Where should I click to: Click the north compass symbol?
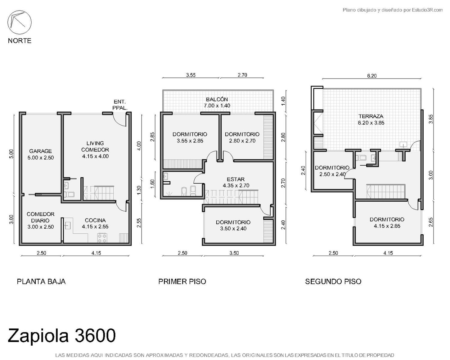19,22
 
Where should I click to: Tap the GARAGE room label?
40,151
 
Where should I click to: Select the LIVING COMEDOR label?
95,146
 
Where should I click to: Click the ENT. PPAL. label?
120,105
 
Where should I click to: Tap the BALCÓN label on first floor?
217,99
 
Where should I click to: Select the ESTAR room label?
236,179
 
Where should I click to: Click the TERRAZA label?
371,116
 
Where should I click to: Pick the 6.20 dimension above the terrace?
372,76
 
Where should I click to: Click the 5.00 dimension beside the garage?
11,154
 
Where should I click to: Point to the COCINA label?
95,220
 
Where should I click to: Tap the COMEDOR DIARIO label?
40,217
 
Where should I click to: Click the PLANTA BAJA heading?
41,282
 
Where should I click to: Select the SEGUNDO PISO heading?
333,282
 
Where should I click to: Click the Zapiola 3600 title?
62,335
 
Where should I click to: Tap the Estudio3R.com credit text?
427,10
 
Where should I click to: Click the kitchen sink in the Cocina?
67,226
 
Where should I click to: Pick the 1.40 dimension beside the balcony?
283,101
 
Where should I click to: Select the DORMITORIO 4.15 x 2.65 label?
387,223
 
